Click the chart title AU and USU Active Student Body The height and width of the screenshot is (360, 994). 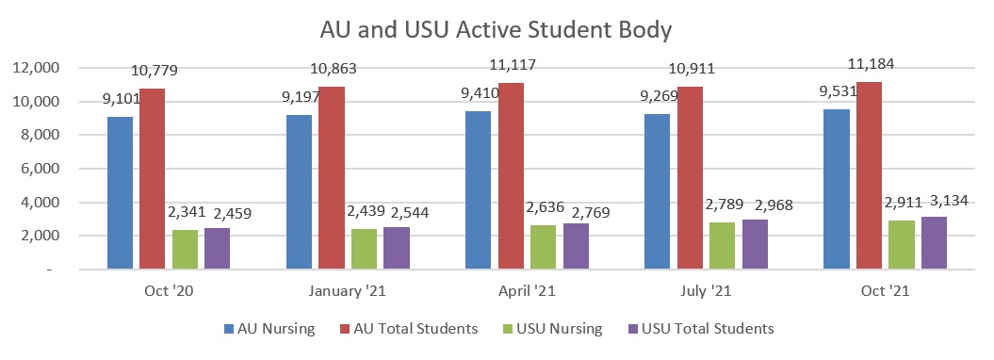[497, 29]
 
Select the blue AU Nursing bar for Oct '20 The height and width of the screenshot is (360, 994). [120, 193]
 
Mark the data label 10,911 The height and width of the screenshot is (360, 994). [693, 70]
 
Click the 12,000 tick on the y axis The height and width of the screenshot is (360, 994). [35, 68]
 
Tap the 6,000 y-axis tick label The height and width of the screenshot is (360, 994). [39, 169]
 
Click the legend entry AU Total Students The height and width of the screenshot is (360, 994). [415, 329]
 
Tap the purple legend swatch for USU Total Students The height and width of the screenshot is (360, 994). [632, 329]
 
